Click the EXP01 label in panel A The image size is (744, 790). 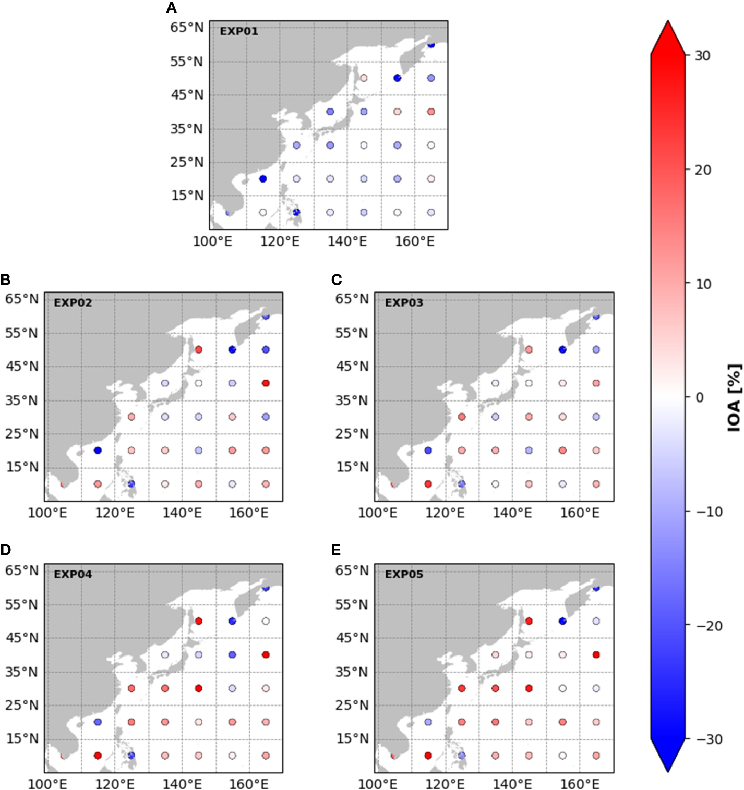pos(238,31)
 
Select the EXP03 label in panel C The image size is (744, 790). pos(404,303)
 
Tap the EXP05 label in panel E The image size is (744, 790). pos(404,574)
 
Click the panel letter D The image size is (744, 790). pos(6,550)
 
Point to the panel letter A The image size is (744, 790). pos(171,8)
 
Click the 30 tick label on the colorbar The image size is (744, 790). pos(702,56)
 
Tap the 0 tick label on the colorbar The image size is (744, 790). pos(699,397)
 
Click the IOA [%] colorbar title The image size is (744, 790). pos(734,397)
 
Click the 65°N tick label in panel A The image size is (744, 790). pos(186,28)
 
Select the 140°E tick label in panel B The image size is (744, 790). pos(182,513)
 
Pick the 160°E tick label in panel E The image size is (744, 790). pos(579,784)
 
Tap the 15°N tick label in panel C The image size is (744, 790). pos(352,467)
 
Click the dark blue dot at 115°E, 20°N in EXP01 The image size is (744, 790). pos(263,179)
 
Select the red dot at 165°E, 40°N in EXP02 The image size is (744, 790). pos(266,383)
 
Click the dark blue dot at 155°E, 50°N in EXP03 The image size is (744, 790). pos(562,350)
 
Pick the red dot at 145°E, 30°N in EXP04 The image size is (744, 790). pos(198,688)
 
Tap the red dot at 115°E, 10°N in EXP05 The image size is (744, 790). pos(428,756)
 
